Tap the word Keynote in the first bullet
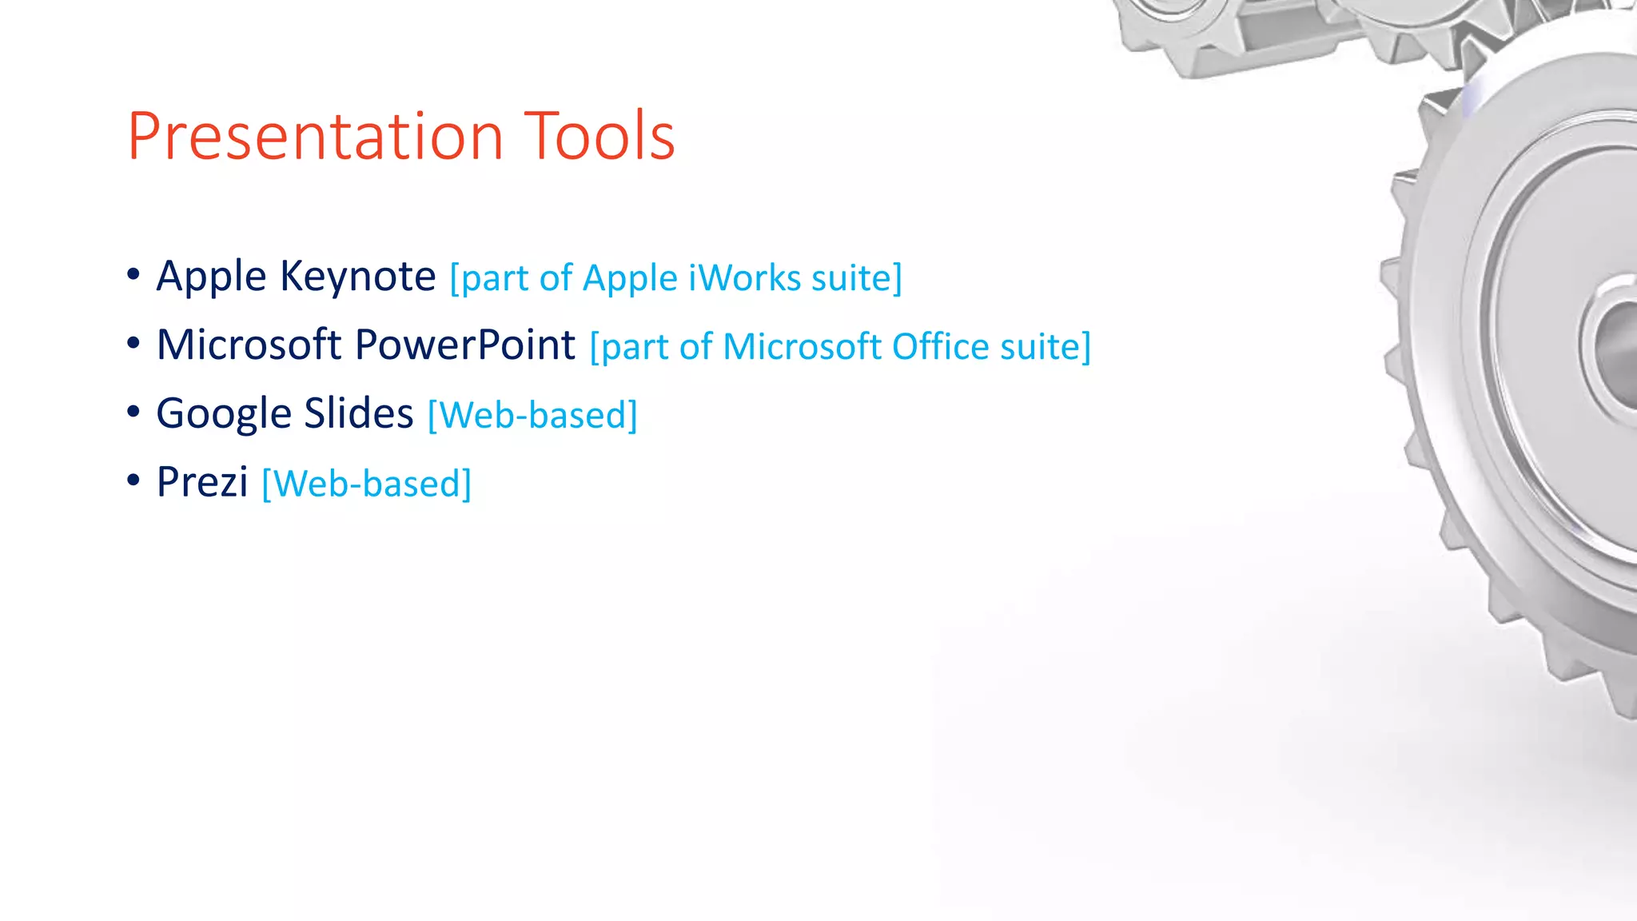click(358, 277)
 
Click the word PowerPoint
click(464, 345)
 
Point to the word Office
click(940, 347)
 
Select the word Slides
click(358, 414)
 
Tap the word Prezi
click(202, 483)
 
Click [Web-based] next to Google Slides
click(532, 416)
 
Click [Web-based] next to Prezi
click(366, 484)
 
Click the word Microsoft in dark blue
click(249, 345)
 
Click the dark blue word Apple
click(211, 277)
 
